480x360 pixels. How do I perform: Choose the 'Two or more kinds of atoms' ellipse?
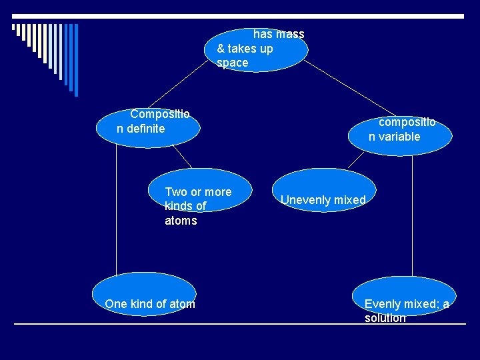pyautogui.click(x=198, y=193)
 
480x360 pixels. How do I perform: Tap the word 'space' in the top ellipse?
pyautogui.click(x=232, y=63)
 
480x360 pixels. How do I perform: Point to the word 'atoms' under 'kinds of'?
pyautogui.click(x=181, y=221)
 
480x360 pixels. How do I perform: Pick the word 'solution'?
pyautogui.click(x=385, y=318)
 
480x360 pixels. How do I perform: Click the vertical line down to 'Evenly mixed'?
pyautogui.click(x=413, y=213)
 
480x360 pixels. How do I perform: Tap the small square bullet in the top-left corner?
pyautogui.click(x=14, y=28)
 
